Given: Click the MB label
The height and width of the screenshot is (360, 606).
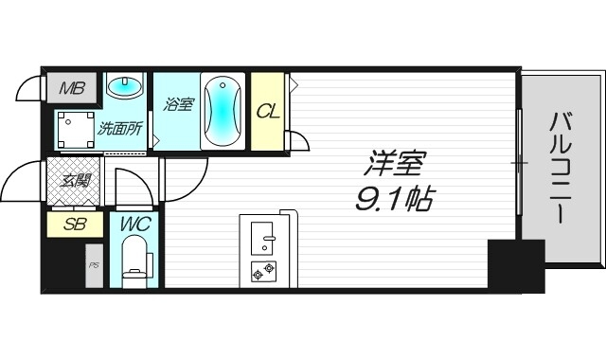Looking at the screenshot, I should [x=71, y=89].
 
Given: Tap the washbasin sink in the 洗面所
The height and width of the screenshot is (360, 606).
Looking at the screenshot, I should [x=124, y=88].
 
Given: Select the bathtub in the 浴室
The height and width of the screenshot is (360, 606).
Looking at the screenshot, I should [x=223, y=111].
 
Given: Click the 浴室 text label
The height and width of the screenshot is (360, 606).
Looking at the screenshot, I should [x=178, y=104].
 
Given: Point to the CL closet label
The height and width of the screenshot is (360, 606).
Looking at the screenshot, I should [x=268, y=111].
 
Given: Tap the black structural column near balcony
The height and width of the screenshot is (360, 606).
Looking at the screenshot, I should [x=515, y=265].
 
